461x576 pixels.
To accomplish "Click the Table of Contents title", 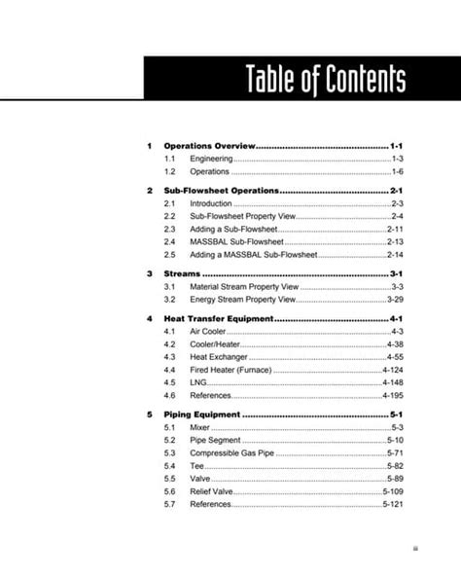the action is [x=325, y=80].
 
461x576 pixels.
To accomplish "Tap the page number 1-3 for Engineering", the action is [x=397, y=158].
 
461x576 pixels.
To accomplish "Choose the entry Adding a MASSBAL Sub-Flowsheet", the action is [x=254, y=254].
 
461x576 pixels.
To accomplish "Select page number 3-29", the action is [x=394, y=301].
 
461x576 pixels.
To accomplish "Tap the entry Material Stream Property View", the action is [x=244, y=288].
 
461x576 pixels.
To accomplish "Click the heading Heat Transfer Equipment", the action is [x=219, y=319].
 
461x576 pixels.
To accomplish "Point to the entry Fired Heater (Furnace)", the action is [x=230, y=371].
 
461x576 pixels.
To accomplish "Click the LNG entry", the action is [x=197, y=383].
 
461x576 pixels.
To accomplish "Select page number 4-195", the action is [x=392, y=396].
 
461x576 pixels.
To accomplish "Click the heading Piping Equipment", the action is [x=201, y=415].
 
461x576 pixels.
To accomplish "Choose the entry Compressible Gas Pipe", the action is [x=232, y=453].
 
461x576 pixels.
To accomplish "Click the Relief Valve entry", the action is [x=212, y=492].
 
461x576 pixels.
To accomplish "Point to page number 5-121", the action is [x=392, y=505].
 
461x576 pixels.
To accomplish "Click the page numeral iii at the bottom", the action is [x=415, y=548].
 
